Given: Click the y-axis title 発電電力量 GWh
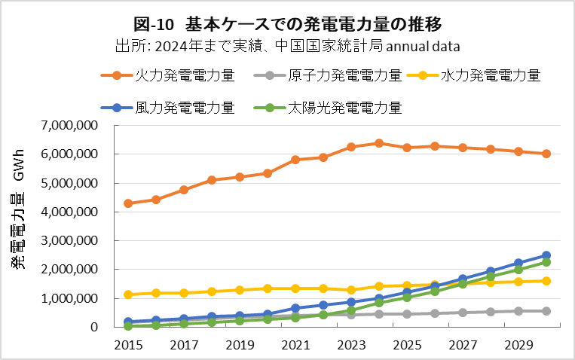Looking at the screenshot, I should (18, 226).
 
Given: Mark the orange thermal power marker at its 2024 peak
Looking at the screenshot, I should (379, 143).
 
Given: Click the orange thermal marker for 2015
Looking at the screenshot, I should (128, 203).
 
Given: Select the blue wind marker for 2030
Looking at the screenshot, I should (546, 255).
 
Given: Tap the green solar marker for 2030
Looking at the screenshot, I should (546, 262).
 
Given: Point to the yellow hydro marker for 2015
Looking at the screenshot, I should (128, 294).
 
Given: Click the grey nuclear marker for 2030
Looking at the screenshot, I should (546, 311).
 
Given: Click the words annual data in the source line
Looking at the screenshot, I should (423, 44).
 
